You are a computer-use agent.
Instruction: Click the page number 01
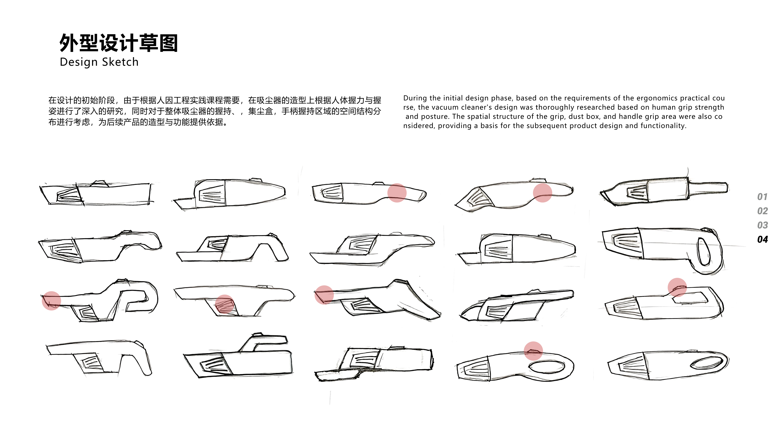[762, 197]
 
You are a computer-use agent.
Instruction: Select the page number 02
[762, 211]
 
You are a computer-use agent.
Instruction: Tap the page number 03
[762, 225]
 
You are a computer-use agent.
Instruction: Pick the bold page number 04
[762, 240]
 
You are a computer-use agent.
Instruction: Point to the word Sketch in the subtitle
[120, 62]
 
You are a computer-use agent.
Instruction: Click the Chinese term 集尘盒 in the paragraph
[260, 111]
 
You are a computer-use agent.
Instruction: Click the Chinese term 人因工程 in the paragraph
[169, 100]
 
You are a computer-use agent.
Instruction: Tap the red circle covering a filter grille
[224, 304]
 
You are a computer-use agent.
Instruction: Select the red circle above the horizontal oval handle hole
[533, 351]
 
